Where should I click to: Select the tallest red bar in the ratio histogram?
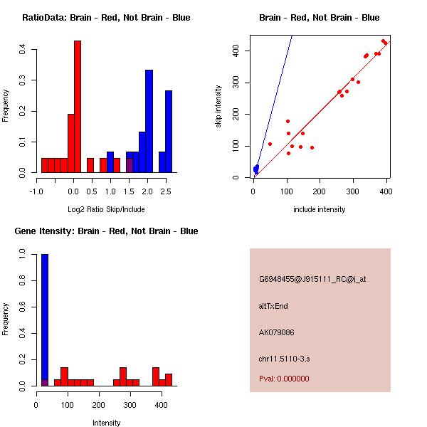click(78, 107)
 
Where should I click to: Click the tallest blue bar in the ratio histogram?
click(149, 121)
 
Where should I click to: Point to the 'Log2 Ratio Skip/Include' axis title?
click(106, 209)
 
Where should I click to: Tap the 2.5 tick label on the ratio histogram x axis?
click(166, 191)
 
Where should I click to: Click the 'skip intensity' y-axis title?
click(218, 107)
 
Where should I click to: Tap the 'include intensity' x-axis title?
click(320, 209)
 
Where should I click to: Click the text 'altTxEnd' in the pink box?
click(273, 306)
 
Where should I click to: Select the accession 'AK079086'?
click(277, 332)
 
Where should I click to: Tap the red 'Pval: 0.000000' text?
click(284, 379)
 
